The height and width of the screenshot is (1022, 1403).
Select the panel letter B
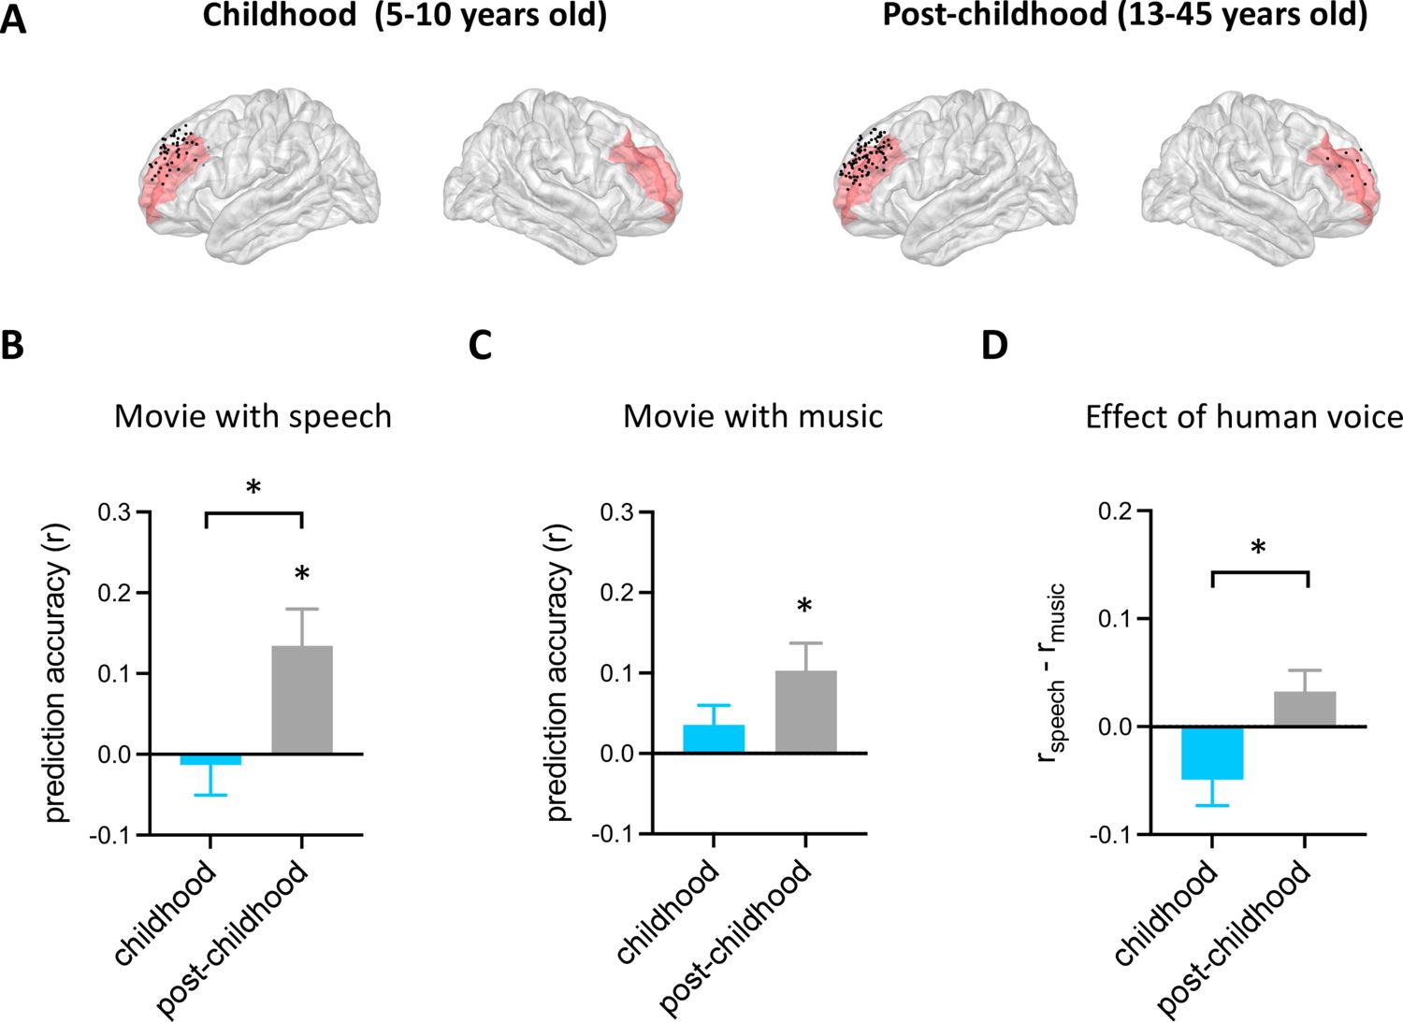tap(12, 345)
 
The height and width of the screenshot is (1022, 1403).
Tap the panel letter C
tap(480, 345)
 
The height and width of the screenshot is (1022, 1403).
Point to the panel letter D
tap(994, 345)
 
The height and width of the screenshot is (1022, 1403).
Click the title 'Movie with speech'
tap(253, 416)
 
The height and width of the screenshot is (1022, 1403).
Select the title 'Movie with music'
tap(753, 416)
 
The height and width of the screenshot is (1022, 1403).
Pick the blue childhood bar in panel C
tap(714, 739)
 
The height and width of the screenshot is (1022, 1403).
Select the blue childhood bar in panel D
tap(1212, 753)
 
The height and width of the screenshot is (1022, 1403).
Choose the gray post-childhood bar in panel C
tap(805, 712)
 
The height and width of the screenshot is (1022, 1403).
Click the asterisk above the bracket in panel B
tap(253, 488)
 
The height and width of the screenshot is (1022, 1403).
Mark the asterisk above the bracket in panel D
tap(1259, 548)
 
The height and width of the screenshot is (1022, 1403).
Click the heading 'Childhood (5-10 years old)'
tap(404, 16)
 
